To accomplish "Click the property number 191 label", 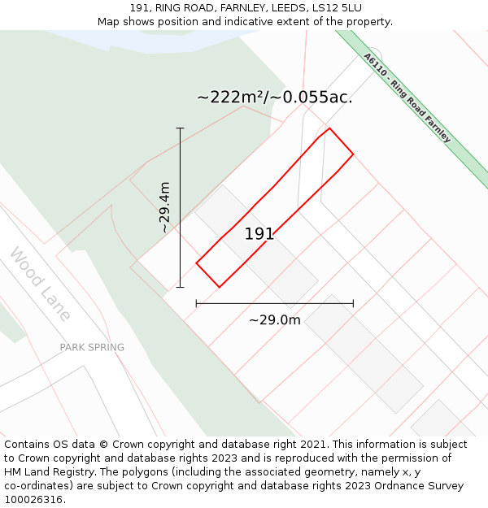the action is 259,234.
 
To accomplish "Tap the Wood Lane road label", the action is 40,284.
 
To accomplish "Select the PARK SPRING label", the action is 92,347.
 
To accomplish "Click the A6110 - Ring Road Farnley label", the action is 407,98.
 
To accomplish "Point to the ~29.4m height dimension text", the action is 164,207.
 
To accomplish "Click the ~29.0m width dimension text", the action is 275,320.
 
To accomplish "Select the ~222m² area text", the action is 230,98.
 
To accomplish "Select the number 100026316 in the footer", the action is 33,500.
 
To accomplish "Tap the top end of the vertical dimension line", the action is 180,128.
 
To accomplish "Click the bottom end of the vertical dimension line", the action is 180,287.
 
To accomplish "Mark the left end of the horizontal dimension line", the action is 197,303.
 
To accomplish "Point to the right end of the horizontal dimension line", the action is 353,303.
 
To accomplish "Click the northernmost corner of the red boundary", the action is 329,128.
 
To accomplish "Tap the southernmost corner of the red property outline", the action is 219,287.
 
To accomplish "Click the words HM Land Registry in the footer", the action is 43,472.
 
